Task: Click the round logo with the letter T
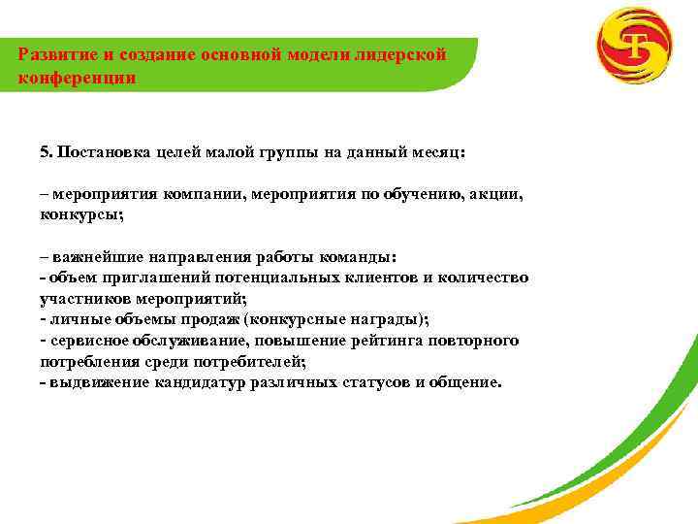(636, 45)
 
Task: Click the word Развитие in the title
(55, 55)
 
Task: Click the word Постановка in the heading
(102, 152)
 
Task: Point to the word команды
(361, 258)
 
